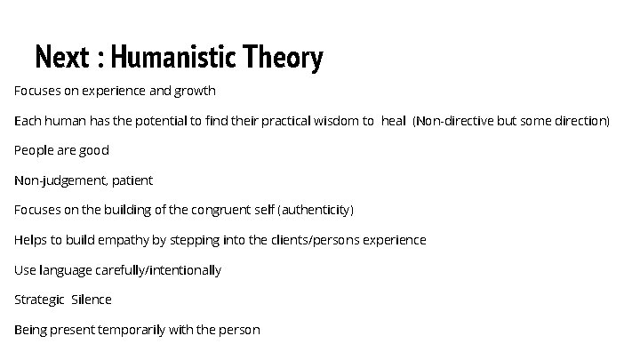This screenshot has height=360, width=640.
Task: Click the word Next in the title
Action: pos(63,59)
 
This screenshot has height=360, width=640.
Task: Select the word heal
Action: pos(393,121)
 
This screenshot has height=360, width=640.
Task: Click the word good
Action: pos(94,151)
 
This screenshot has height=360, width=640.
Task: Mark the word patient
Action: pos(132,180)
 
